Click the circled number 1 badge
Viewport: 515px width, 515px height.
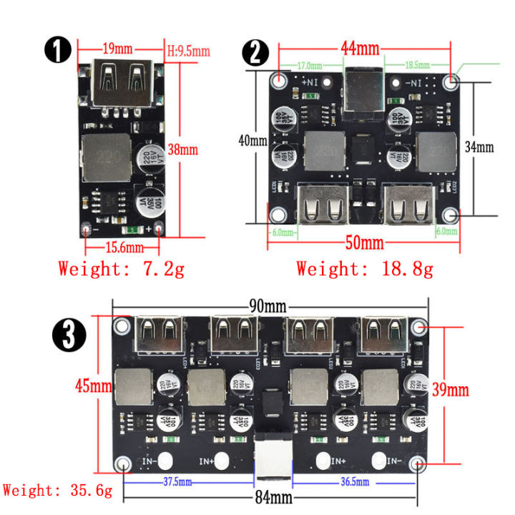click(x=58, y=51)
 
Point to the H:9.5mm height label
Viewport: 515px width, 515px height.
click(x=188, y=51)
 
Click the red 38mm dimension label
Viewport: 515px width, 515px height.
click(x=182, y=149)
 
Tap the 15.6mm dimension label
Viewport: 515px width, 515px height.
click(x=122, y=247)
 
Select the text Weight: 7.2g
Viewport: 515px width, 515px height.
click(x=122, y=270)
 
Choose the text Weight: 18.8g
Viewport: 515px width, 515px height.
click(x=364, y=270)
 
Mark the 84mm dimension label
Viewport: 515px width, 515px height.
click(x=270, y=496)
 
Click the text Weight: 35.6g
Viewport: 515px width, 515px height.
click(x=57, y=491)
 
